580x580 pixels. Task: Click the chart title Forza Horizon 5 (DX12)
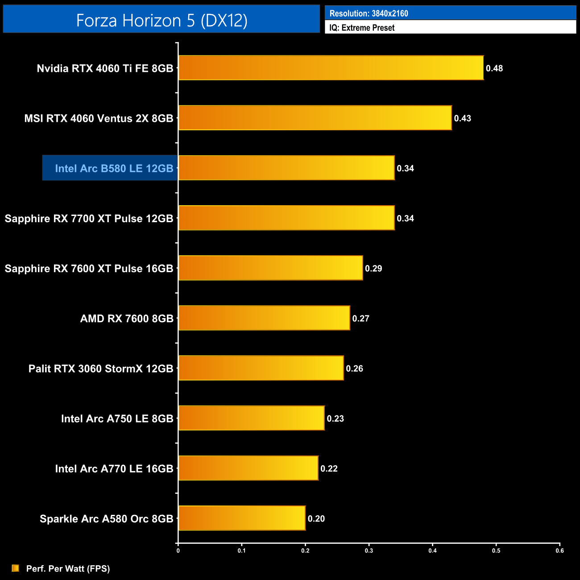[x=162, y=21]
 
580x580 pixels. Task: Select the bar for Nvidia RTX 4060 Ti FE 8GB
[x=331, y=68]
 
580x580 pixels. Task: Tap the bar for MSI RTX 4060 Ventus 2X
[x=315, y=118]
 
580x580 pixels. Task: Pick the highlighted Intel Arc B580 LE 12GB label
[x=114, y=168]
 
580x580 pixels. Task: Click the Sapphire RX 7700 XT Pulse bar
[x=286, y=218]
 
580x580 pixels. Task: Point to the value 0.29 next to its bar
[x=373, y=268]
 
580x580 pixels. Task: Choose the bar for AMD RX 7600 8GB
[x=264, y=318]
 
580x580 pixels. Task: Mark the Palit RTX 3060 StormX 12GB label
[x=101, y=369]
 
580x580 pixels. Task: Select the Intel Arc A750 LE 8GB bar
[x=251, y=418]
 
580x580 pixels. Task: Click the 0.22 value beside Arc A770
[x=329, y=468]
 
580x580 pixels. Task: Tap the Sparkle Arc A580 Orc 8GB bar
[x=242, y=518]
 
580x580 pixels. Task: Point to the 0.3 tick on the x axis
[x=369, y=551]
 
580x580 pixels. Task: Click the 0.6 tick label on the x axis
[x=559, y=551]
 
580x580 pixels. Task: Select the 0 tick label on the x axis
[x=178, y=551]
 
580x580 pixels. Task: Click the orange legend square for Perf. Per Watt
[x=15, y=568]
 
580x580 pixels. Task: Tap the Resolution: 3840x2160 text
[x=369, y=13]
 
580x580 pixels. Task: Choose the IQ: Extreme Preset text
[x=362, y=28]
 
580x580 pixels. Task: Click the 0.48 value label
[x=494, y=68]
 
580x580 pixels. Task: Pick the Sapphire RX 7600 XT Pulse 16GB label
[x=89, y=269]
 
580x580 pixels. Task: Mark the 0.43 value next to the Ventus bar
[x=463, y=118]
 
